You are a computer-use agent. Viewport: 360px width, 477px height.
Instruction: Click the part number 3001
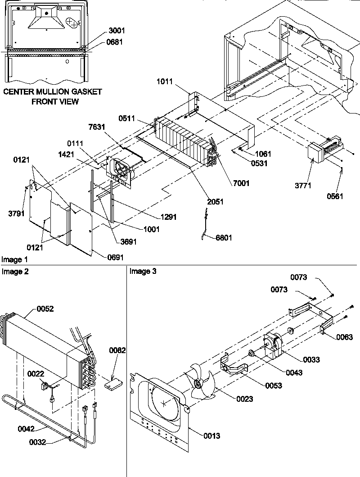117,31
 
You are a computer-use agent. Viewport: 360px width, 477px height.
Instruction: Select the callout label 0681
117,42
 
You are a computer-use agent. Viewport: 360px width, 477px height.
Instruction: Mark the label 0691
116,257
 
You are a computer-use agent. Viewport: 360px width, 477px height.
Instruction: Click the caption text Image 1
14,260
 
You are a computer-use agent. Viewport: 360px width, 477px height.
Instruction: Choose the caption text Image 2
14,271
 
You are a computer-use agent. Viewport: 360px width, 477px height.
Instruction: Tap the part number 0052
45,309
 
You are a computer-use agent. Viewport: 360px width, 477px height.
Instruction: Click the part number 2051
215,202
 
